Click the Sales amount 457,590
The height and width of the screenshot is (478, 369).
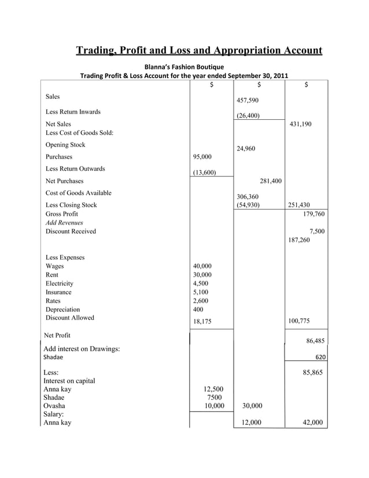tap(246, 101)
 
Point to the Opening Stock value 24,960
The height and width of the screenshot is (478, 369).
tap(246, 149)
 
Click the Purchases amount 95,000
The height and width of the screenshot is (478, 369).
tap(202, 157)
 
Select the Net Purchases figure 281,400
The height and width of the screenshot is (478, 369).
tap(271, 181)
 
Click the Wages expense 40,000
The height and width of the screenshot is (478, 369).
tap(202, 266)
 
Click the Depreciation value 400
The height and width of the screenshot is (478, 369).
tap(198, 310)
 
